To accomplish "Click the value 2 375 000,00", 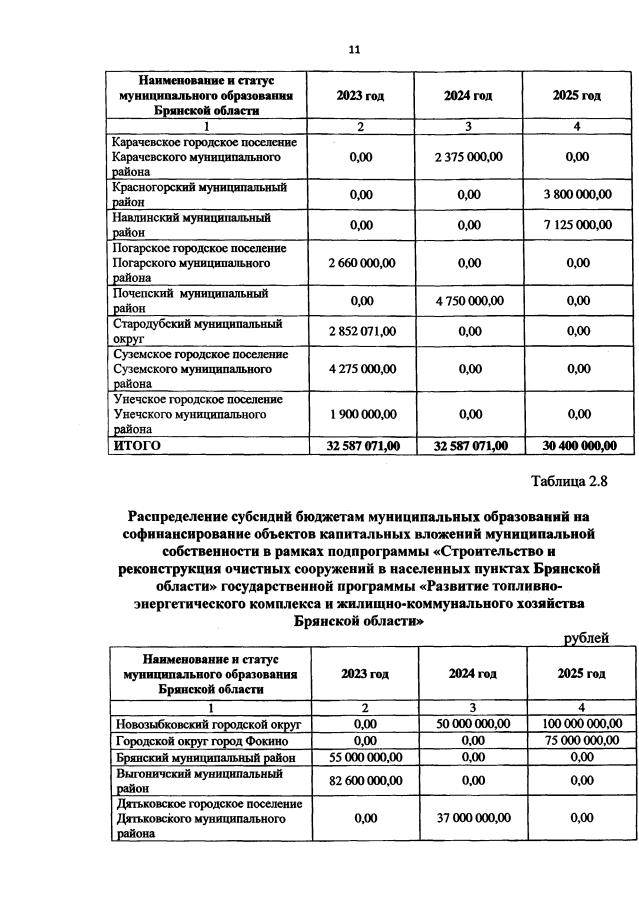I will click(469, 157).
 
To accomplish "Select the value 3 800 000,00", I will click(576, 195).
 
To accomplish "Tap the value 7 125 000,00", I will click(576, 225).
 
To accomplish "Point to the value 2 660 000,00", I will click(361, 263).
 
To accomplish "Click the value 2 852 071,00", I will click(361, 331).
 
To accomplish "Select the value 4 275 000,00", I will click(361, 369).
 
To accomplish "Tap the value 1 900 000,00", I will click(361, 414).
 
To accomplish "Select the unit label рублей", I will click(586, 637).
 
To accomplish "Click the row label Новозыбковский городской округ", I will click(208, 723).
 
